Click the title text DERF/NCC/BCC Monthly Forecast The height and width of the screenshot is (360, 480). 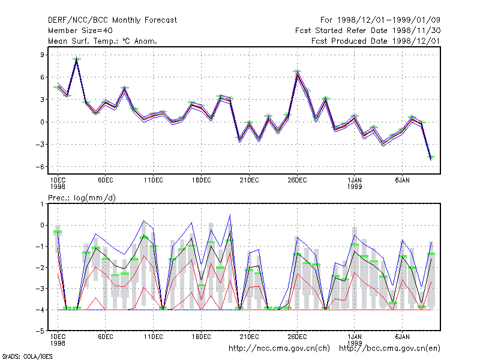[112, 20]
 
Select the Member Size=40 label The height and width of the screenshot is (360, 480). [80, 31]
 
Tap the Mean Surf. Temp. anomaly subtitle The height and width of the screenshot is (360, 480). [102, 41]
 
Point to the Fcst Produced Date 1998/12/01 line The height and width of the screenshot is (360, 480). [376, 41]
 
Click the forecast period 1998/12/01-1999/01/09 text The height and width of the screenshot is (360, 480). [380, 20]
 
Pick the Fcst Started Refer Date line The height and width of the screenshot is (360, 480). [368, 31]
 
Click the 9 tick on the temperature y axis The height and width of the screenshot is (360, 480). [42, 55]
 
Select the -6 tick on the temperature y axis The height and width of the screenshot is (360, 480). [40, 167]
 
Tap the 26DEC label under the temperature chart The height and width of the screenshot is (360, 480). [297, 181]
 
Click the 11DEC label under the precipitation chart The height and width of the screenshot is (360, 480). [154, 337]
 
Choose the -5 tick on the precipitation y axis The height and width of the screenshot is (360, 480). [40, 331]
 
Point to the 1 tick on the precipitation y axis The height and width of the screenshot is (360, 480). [42, 204]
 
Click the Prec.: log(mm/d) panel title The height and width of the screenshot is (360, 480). [82, 198]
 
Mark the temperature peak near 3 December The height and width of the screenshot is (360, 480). [77, 58]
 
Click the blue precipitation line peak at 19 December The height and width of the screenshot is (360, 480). [230, 215]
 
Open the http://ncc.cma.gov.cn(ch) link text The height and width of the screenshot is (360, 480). [279, 349]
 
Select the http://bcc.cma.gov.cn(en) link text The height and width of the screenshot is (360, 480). [389, 349]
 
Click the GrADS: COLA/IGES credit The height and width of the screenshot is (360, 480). [27, 356]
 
